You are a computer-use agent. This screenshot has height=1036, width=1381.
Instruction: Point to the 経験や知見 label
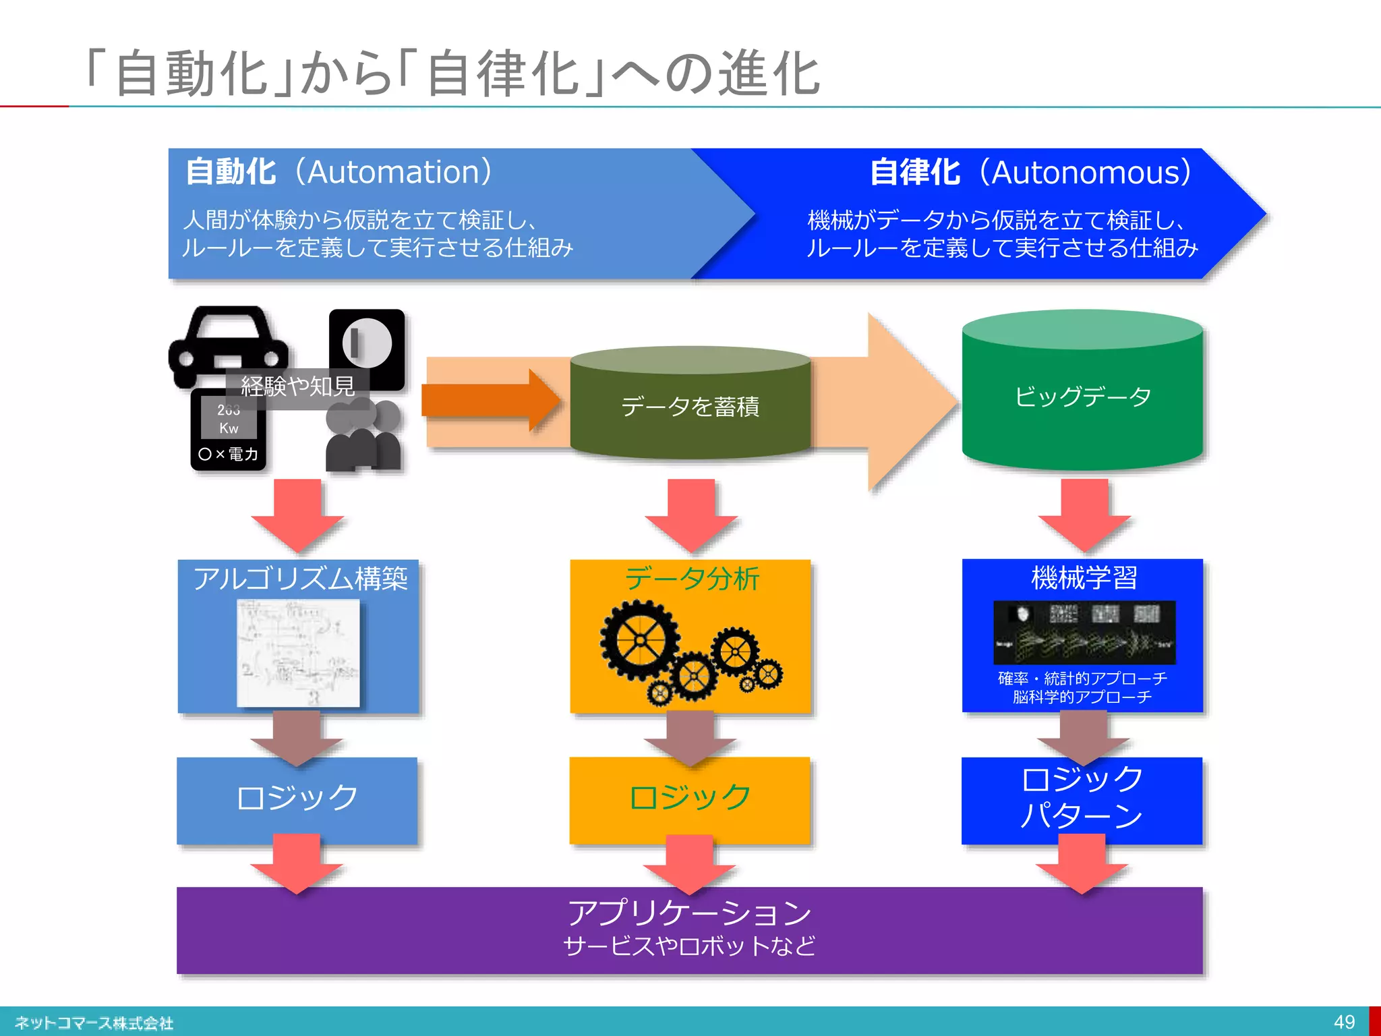297,386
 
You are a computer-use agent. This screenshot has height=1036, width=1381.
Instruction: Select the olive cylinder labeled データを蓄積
690,406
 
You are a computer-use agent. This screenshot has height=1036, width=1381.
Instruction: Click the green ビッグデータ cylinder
1082,397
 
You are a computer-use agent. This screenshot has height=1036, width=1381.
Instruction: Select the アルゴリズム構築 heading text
300,579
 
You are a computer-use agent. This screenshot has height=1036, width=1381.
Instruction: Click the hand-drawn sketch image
298,653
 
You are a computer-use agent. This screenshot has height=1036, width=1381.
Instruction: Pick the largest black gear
639,639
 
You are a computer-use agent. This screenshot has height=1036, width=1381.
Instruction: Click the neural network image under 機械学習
1084,633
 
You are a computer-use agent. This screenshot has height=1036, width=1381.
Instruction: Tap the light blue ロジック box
297,799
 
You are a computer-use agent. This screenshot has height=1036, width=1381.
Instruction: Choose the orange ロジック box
689,799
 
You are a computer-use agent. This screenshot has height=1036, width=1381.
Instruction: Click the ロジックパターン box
1082,799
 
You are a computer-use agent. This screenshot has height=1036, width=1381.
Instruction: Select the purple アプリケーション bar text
689,913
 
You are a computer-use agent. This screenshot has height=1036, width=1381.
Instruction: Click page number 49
1344,1022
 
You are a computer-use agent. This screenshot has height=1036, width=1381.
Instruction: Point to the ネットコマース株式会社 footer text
94,1023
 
